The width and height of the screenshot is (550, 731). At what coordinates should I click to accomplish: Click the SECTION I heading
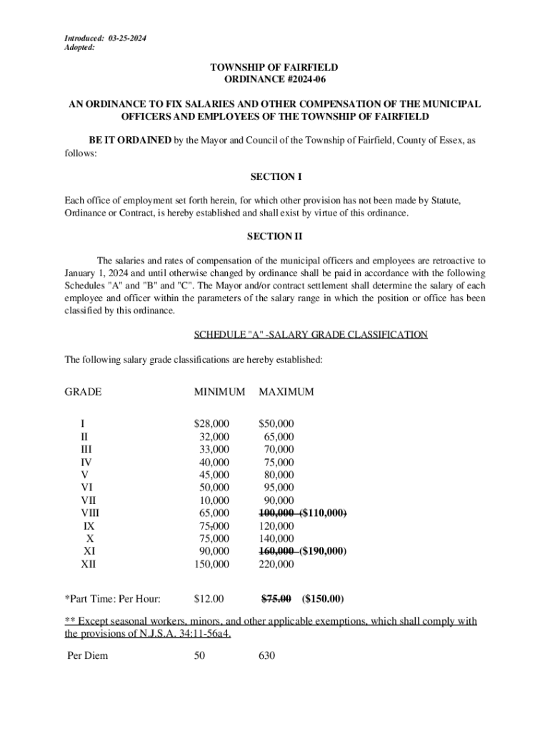[x=274, y=176]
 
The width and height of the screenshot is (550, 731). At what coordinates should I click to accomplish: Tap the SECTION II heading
[x=274, y=236]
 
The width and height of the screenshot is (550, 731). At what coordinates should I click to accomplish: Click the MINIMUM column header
[x=219, y=392]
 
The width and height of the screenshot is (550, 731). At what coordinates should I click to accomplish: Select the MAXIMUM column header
[x=286, y=392]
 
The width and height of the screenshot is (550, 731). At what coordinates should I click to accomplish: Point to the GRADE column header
[x=83, y=392]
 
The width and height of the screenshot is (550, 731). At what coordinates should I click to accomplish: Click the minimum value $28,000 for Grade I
[x=211, y=423]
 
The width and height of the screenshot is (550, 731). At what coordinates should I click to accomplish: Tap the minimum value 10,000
[x=214, y=500]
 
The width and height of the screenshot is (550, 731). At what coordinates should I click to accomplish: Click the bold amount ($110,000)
[x=324, y=513]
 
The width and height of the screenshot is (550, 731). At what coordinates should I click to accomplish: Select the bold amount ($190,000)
[x=324, y=552]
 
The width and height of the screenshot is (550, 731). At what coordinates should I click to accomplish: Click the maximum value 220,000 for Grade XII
[x=276, y=565]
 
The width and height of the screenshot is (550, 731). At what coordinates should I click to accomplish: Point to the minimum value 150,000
[x=211, y=565]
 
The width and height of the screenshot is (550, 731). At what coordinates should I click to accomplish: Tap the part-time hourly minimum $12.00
[x=209, y=598]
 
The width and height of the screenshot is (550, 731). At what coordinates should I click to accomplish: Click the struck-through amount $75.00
[x=276, y=598]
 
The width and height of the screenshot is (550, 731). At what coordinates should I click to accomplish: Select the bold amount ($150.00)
[x=323, y=598]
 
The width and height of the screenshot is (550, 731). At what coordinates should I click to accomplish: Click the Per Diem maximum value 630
[x=266, y=655]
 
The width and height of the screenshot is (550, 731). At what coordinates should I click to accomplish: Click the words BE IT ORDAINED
[x=129, y=141]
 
